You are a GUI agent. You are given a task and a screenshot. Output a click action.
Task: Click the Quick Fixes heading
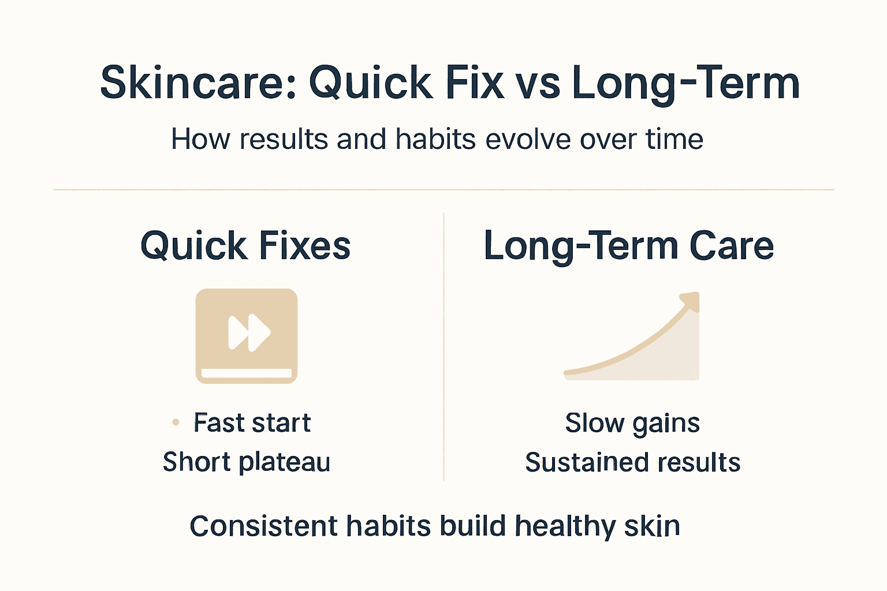(245, 246)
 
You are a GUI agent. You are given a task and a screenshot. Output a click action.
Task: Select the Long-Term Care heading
(628, 246)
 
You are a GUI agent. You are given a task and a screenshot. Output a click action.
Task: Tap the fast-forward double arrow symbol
(249, 332)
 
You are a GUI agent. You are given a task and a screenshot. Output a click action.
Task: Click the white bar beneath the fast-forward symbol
(247, 373)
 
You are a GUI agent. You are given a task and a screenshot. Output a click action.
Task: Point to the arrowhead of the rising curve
(691, 301)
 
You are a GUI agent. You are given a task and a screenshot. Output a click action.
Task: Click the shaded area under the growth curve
(670, 358)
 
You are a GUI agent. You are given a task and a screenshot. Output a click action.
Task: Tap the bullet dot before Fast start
(176, 422)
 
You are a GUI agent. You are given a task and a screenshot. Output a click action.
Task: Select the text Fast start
(252, 422)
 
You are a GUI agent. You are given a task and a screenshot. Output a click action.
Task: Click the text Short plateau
(247, 462)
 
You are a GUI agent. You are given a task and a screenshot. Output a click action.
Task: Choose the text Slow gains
(632, 423)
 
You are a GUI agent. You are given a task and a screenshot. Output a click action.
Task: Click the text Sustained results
(632, 462)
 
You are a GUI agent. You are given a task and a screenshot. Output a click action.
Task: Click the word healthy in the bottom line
(557, 526)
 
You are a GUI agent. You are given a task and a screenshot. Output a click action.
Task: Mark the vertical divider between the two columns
(443, 346)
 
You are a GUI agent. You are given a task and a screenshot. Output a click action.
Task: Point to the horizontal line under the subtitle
(443, 189)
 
